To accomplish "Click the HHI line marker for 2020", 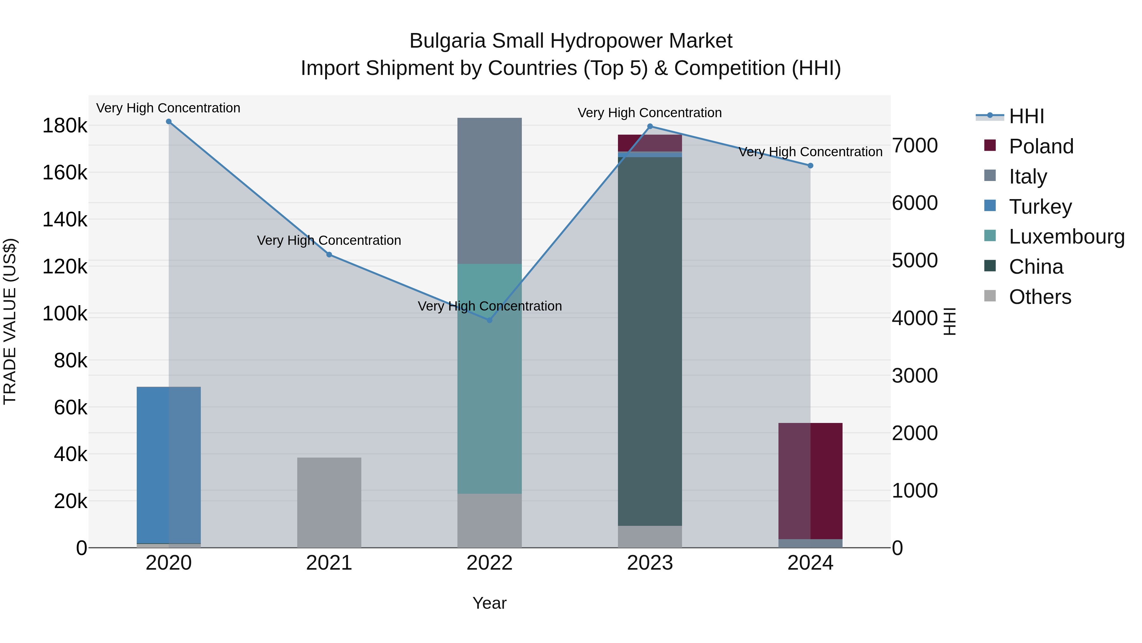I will pos(168,122).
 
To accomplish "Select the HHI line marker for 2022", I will pos(489,320).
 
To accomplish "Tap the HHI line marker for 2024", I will pos(811,165).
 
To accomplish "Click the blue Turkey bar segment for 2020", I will pos(168,464).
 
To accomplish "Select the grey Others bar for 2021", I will pos(329,502).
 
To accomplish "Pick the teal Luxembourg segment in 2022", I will pos(489,378).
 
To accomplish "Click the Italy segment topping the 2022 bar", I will pos(489,191).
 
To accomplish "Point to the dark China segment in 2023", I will pos(650,342).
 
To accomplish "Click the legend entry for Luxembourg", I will pos(1066,237).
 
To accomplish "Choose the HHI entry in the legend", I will pos(1026,116).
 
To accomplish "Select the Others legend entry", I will pos(1040,297).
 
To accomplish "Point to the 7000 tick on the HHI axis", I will pos(915,145).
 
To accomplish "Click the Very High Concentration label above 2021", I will pos(329,240).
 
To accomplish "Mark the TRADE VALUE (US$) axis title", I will pos(10,321).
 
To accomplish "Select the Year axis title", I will pos(489,603).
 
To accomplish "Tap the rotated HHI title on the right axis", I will pos(949,321).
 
